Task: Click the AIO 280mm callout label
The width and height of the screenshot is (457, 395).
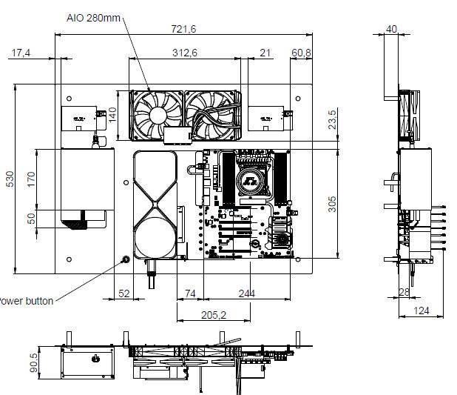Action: point(93,18)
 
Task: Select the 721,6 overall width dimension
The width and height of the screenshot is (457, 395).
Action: point(183,29)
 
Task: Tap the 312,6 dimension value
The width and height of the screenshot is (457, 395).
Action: point(185,53)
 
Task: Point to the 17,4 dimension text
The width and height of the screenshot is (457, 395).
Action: point(21,53)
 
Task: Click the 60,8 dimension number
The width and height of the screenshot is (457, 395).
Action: point(302,53)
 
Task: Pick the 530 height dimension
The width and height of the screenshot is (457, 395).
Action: point(10,179)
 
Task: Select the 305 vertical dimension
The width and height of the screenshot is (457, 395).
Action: point(332,204)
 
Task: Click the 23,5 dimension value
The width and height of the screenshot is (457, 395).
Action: point(332,119)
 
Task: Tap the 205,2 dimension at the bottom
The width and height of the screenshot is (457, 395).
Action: point(214,315)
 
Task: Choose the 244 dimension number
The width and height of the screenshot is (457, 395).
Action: point(247,293)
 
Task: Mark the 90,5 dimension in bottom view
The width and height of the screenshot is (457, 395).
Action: point(34,363)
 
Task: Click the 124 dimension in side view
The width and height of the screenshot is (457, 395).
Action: point(422,311)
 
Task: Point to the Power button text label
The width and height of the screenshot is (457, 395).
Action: point(26,301)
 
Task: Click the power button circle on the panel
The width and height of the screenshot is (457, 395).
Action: point(126,259)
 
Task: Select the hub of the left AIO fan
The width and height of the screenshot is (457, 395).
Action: point(158,116)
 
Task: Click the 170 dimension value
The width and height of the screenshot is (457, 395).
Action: point(31,179)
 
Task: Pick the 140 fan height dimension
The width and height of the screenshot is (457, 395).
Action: point(112,115)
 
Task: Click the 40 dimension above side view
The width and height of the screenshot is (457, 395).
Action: point(391,29)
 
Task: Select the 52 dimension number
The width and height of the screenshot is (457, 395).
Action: point(124,293)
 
